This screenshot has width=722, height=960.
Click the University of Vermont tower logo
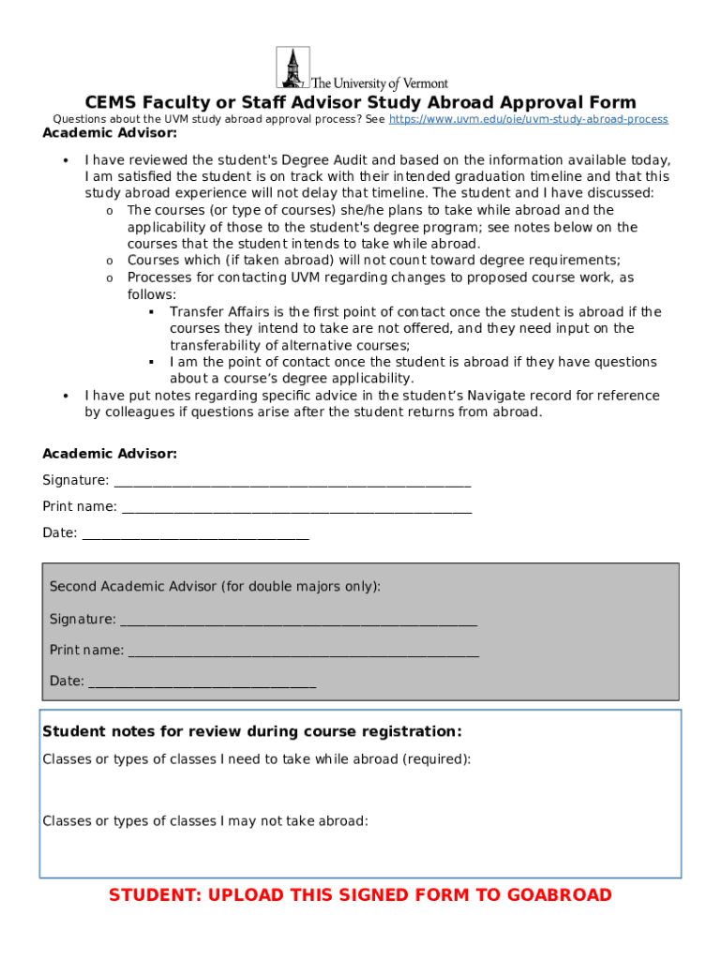click(x=293, y=67)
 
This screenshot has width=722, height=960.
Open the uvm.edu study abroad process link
click(x=528, y=120)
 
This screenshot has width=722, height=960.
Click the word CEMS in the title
click(x=112, y=102)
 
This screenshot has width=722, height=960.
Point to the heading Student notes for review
click(x=252, y=731)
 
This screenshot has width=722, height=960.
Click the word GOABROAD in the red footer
click(x=559, y=895)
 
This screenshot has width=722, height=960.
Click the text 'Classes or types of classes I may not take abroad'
click(x=205, y=821)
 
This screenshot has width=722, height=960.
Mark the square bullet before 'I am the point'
click(x=151, y=362)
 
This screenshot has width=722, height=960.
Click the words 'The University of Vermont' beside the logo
click(x=379, y=83)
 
